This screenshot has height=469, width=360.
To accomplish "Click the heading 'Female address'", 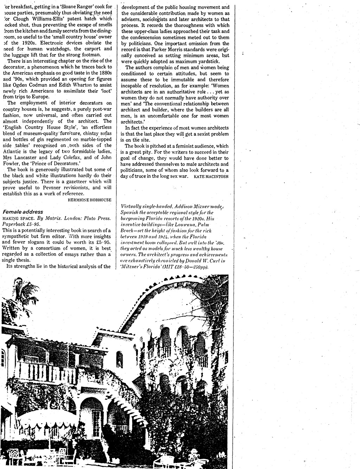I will coord(23,212).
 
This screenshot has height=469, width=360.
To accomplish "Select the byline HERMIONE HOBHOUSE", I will coord(90,199).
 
